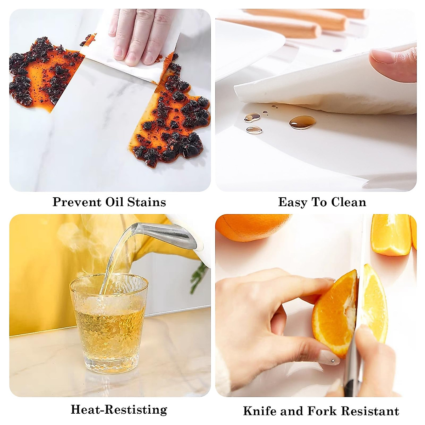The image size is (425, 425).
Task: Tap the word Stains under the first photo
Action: pos(146,202)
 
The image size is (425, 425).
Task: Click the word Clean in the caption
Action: pos(348,202)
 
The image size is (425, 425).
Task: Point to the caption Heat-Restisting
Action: pos(119,409)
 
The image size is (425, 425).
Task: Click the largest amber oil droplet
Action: pos(302,122)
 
